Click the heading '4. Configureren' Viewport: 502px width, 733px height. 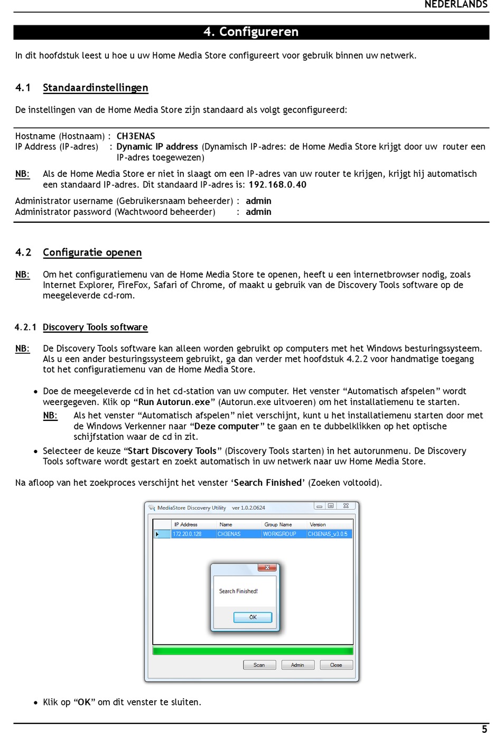(x=251, y=32)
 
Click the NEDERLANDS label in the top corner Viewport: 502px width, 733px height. (x=455, y=5)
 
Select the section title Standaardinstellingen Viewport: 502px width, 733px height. (x=95, y=88)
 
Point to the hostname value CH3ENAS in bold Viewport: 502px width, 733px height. (x=136, y=136)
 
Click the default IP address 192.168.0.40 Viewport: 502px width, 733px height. (x=277, y=185)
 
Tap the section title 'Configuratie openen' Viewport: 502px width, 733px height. (x=92, y=252)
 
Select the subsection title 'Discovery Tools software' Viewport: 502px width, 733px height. (x=95, y=327)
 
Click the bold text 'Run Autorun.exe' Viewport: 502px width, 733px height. (x=174, y=402)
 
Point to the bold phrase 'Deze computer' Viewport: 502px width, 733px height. (x=227, y=426)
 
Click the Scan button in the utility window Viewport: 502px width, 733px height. (x=259, y=665)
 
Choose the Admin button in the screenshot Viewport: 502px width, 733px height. (x=298, y=665)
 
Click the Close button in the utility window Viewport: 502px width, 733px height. (x=336, y=665)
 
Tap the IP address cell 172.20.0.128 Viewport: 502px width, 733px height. (x=187, y=534)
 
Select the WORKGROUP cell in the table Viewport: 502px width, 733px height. (x=280, y=534)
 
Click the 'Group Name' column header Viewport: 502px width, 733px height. (x=278, y=524)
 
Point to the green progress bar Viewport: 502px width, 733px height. (x=253, y=651)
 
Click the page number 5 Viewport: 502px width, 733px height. (x=485, y=729)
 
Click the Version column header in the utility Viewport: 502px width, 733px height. (x=318, y=524)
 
